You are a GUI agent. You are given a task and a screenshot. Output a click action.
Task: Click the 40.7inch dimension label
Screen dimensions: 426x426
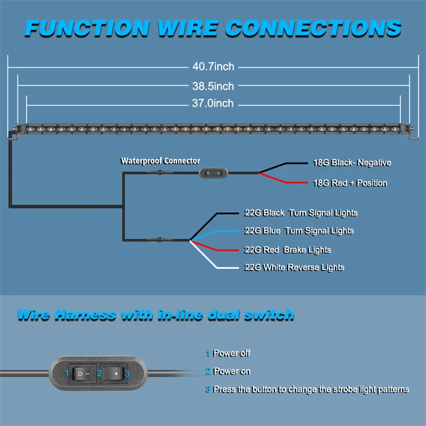pyautogui.click(x=213, y=67)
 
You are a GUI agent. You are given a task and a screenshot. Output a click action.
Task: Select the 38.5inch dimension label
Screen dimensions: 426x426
pyautogui.click(x=213, y=86)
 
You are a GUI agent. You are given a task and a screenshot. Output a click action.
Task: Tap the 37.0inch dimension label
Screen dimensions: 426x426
pyautogui.click(x=213, y=103)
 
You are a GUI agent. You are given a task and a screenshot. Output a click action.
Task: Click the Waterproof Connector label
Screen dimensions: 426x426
pyautogui.click(x=160, y=161)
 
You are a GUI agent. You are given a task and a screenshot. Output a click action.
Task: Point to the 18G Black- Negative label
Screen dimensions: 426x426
pyautogui.click(x=352, y=162)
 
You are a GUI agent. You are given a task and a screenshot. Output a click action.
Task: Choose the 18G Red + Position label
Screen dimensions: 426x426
pyautogui.click(x=350, y=183)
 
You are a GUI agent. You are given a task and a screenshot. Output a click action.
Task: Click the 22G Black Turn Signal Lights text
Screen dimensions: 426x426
pyautogui.click(x=301, y=213)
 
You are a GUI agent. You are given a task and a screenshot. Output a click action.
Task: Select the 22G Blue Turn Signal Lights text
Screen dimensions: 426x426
pyautogui.click(x=299, y=231)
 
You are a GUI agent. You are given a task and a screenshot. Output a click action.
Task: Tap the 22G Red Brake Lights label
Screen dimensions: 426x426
pyautogui.click(x=288, y=249)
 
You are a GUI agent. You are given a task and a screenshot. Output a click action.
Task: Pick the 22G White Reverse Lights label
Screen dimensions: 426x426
pyautogui.click(x=294, y=267)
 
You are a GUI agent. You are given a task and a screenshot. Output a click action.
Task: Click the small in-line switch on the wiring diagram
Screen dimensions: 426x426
pyautogui.click(x=213, y=173)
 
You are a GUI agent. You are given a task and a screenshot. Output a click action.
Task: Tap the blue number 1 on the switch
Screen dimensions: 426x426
pyautogui.click(x=67, y=374)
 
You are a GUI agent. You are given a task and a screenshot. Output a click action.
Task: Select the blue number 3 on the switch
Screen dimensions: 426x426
pyautogui.click(x=127, y=374)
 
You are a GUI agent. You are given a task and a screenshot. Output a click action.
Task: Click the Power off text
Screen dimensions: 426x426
pyautogui.click(x=231, y=353)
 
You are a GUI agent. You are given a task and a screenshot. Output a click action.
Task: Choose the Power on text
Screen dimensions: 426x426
pyautogui.click(x=231, y=371)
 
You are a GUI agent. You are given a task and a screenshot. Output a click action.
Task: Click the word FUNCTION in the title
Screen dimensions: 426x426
pyautogui.click(x=88, y=28)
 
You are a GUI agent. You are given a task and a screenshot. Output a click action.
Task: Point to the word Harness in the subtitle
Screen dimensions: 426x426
pyautogui.click(x=85, y=315)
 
